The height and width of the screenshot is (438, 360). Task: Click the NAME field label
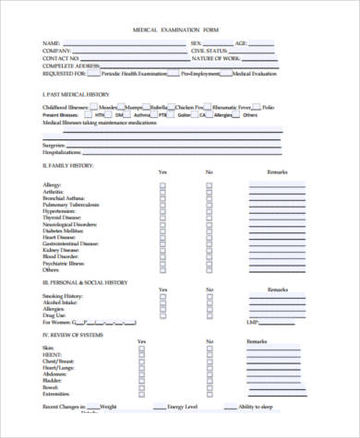point(52,43)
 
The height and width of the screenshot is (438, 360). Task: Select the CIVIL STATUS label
point(209,51)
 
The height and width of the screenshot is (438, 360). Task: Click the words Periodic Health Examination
point(138,73)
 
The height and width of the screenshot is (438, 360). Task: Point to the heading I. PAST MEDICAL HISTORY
point(78,94)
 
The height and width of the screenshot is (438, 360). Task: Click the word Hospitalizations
point(62,151)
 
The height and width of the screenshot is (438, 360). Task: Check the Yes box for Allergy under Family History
point(163,184)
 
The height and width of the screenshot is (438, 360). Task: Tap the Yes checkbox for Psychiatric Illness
point(163,262)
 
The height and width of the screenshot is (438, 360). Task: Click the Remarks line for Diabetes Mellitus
point(277,230)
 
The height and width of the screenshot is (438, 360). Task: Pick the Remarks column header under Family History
point(278,172)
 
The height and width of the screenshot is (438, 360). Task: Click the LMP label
point(250,322)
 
